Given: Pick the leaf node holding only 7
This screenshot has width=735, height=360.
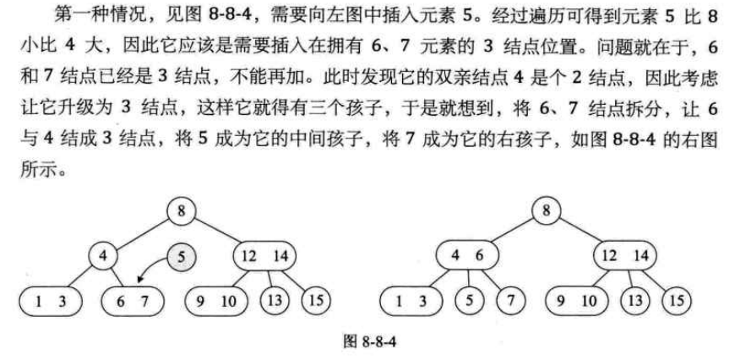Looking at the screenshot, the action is [510, 299].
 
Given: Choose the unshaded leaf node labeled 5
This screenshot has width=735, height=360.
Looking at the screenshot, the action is [469, 299].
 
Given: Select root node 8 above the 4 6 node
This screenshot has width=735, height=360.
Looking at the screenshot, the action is [549, 210].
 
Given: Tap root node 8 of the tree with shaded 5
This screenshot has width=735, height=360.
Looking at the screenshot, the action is [181, 210].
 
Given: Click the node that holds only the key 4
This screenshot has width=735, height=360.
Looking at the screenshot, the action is [102, 254].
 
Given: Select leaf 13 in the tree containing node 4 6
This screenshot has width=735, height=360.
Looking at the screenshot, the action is [637, 299].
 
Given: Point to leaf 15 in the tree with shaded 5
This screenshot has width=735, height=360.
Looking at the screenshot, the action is [313, 299].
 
